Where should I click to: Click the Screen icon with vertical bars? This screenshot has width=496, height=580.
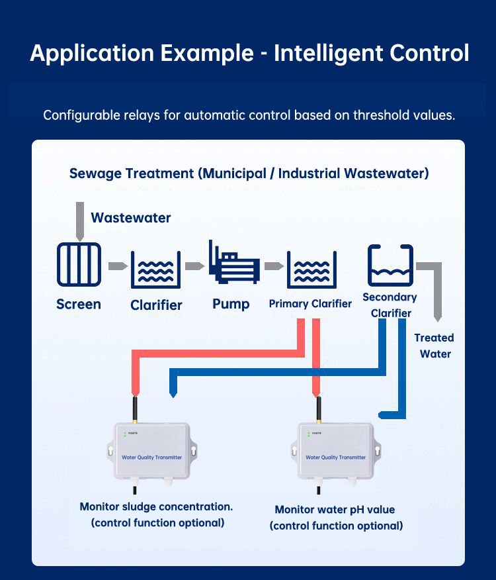(x=79, y=264)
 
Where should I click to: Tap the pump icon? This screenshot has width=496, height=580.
(x=233, y=262)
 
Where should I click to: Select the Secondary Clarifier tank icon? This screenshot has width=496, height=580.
(x=390, y=266)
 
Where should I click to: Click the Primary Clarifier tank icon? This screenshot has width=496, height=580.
(x=311, y=269)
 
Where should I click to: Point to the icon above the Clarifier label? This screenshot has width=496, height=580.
(x=155, y=269)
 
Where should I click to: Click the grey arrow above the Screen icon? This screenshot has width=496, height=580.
(x=80, y=222)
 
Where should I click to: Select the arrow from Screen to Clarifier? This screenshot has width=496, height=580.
(x=118, y=266)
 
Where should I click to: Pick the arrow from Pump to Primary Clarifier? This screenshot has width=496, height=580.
(x=274, y=266)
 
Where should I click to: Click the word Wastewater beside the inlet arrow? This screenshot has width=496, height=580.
(x=131, y=218)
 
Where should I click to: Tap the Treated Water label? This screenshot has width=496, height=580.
(x=434, y=346)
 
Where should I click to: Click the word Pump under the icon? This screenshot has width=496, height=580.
(x=231, y=305)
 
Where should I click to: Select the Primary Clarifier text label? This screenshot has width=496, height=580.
(x=310, y=304)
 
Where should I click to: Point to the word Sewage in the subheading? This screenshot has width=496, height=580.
(x=95, y=174)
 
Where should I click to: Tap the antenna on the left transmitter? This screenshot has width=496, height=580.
(x=135, y=410)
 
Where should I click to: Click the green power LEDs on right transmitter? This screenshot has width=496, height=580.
(x=309, y=434)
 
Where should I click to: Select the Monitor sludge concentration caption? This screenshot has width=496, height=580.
(x=156, y=514)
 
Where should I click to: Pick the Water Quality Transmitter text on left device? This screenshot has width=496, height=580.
(x=152, y=458)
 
